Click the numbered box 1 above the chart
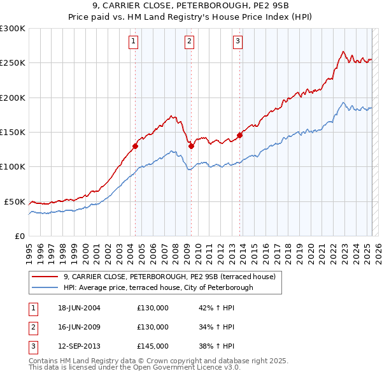134,42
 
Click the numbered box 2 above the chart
190,42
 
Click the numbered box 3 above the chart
237,42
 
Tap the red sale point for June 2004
135,146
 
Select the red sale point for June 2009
191,146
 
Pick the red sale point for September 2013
239,135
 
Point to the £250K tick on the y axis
13,63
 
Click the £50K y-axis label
15,201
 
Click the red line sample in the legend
45,277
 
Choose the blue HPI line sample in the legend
45,287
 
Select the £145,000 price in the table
153,347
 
